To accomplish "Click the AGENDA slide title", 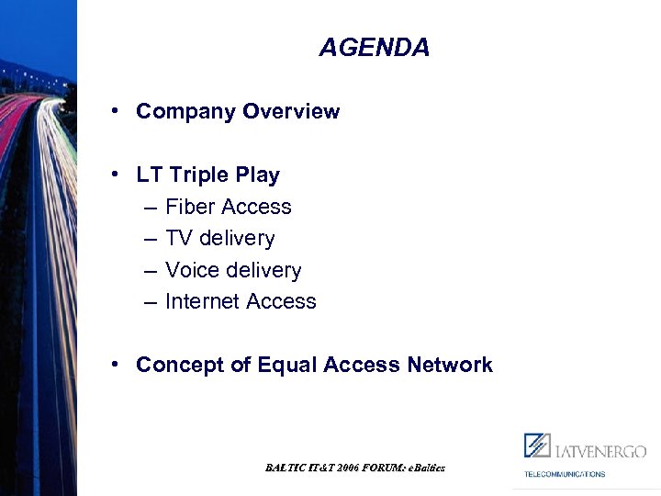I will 374,48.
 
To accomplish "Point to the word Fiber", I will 190,208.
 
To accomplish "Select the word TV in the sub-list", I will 179,239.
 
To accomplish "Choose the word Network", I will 450,366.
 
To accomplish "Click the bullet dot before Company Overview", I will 116,111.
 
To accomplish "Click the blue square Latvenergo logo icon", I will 537,445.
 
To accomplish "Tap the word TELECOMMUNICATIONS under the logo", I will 565,474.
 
